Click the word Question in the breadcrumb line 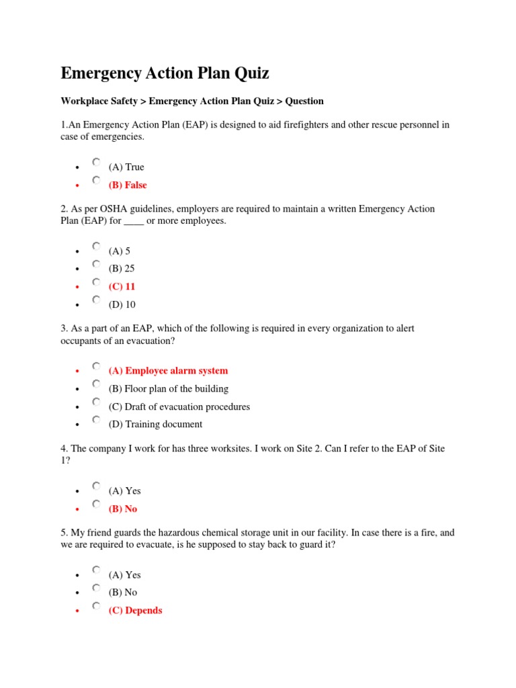pyautogui.click(x=304, y=101)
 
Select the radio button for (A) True pyautogui.click(x=97, y=163)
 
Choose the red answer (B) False pyautogui.click(x=128, y=185)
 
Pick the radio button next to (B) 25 pyautogui.click(x=97, y=264)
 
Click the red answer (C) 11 pyautogui.click(x=122, y=286)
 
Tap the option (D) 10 pyautogui.click(x=122, y=304)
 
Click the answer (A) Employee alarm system pyautogui.click(x=168, y=370)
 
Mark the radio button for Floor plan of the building pyautogui.click(x=97, y=384)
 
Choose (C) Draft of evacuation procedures pyautogui.click(x=179, y=406)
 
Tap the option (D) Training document pyautogui.click(x=155, y=424)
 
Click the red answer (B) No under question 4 pyautogui.click(x=123, y=509)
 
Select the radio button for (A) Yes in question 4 pyautogui.click(x=97, y=486)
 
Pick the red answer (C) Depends pyautogui.click(x=135, y=611)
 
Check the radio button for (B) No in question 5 pyautogui.click(x=97, y=588)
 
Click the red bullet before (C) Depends pyautogui.click(x=78, y=611)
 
